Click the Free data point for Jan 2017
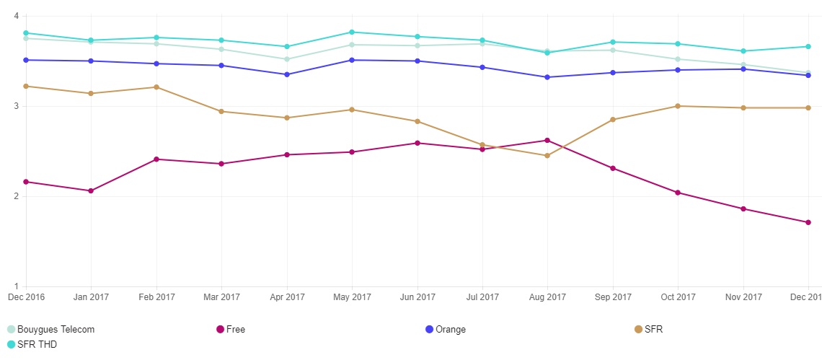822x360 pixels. click(91, 191)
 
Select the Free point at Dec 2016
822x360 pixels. click(26, 182)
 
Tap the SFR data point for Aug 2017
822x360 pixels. click(547, 156)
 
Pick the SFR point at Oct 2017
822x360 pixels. click(678, 106)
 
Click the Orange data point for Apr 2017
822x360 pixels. click(287, 74)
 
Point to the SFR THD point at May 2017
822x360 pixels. click(352, 32)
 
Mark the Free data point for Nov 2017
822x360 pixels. click(743, 209)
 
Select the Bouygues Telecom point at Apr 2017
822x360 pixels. click(287, 59)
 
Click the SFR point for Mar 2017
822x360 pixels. click(221, 112)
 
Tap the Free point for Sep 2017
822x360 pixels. click(613, 168)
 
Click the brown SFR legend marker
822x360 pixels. click(638, 330)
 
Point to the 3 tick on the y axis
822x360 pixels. click(16, 106)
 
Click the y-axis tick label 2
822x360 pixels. click(16, 196)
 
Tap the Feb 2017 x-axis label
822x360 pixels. click(156, 297)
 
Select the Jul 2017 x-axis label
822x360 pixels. click(482, 297)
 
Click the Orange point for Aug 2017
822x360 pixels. click(547, 77)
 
